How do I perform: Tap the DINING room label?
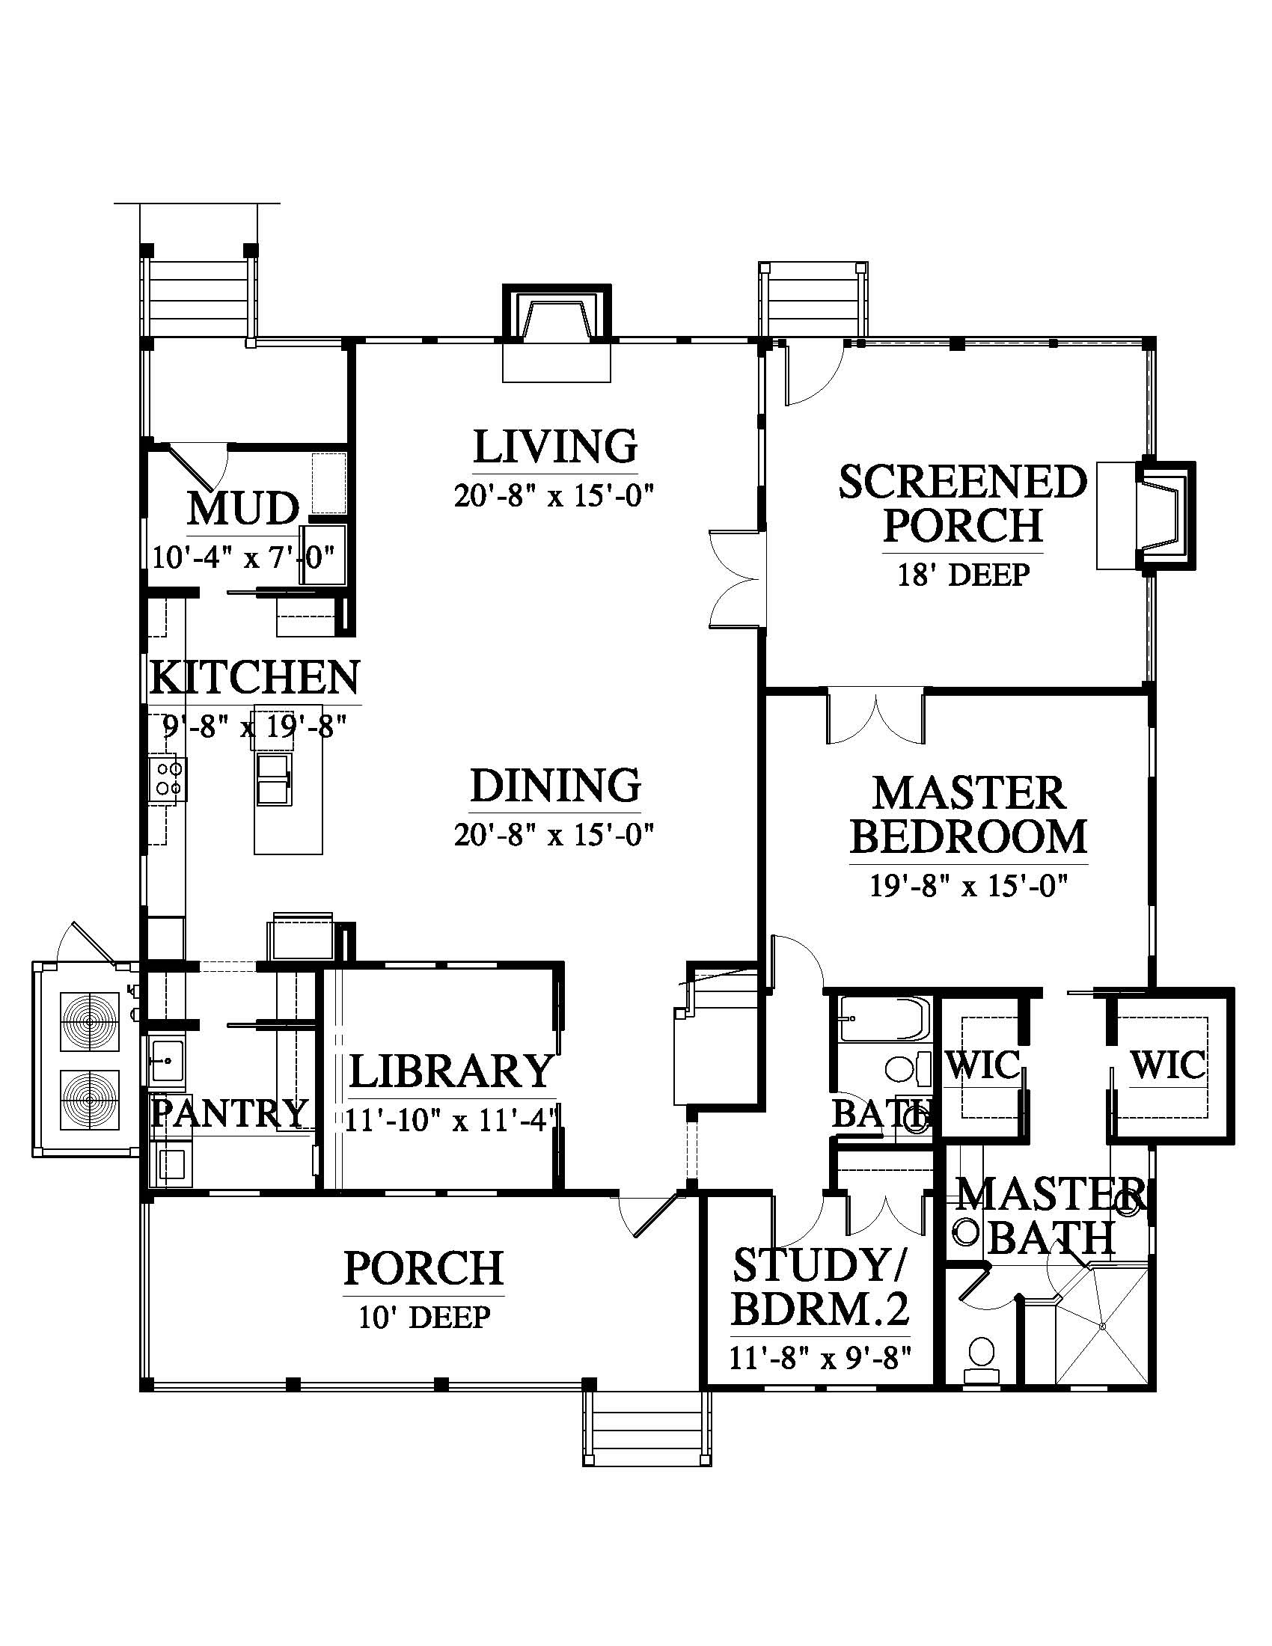coord(555,786)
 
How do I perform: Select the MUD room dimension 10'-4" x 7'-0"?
coord(243,558)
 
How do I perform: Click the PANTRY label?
coord(230,1113)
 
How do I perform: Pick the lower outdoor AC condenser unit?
coord(91,1100)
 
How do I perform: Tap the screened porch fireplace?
coord(1165,514)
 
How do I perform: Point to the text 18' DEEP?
coord(963,575)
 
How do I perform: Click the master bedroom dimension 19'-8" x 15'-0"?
coord(969,886)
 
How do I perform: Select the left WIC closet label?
coord(982,1065)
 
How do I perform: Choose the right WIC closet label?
coord(1168,1065)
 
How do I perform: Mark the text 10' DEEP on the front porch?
coord(424,1318)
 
